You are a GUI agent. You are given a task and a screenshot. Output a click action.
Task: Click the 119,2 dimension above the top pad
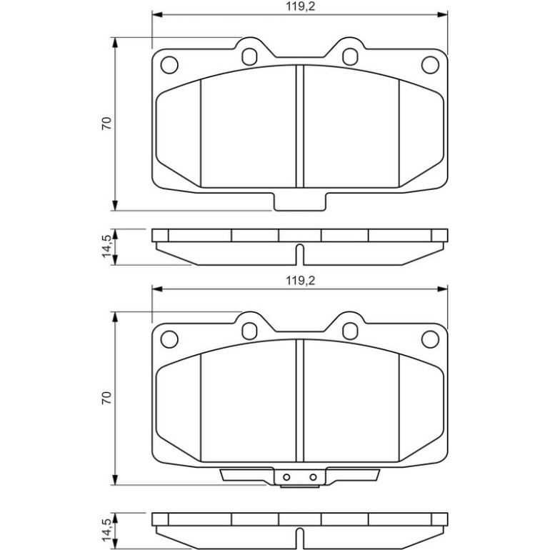tap(300, 6)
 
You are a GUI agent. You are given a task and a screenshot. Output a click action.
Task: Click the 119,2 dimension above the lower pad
tap(300, 281)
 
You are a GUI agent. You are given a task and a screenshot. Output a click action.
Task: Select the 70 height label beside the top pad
tap(106, 124)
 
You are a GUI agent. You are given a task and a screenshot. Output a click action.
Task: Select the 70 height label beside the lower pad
tap(106, 398)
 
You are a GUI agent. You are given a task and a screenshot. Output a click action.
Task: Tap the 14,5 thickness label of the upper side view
tap(107, 246)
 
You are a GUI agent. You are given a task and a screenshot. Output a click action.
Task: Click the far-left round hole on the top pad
tap(169, 65)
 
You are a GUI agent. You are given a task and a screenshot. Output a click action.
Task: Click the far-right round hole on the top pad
tap(431, 65)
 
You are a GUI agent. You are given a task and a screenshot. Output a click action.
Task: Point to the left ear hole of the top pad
tap(249, 56)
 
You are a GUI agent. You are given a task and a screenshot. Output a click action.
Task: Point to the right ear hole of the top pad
tap(350, 56)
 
